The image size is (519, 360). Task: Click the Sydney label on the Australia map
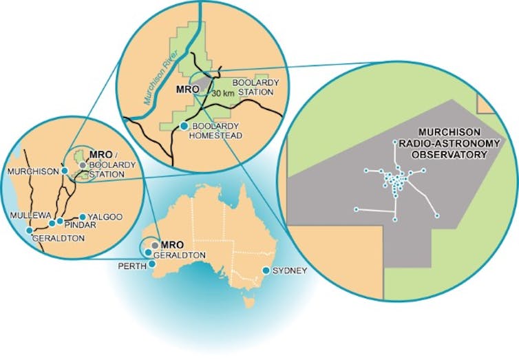[290, 271]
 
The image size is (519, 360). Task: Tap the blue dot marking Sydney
[266, 270]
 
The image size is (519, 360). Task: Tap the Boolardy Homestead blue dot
[184, 126]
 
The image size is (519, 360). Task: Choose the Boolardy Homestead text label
[218, 131]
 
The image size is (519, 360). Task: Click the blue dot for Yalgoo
[83, 216]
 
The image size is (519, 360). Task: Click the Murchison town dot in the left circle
[64, 171]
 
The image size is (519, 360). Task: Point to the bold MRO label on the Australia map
[170, 244]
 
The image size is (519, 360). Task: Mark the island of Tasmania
[250, 301]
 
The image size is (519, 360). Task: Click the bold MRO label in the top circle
[182, 89]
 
